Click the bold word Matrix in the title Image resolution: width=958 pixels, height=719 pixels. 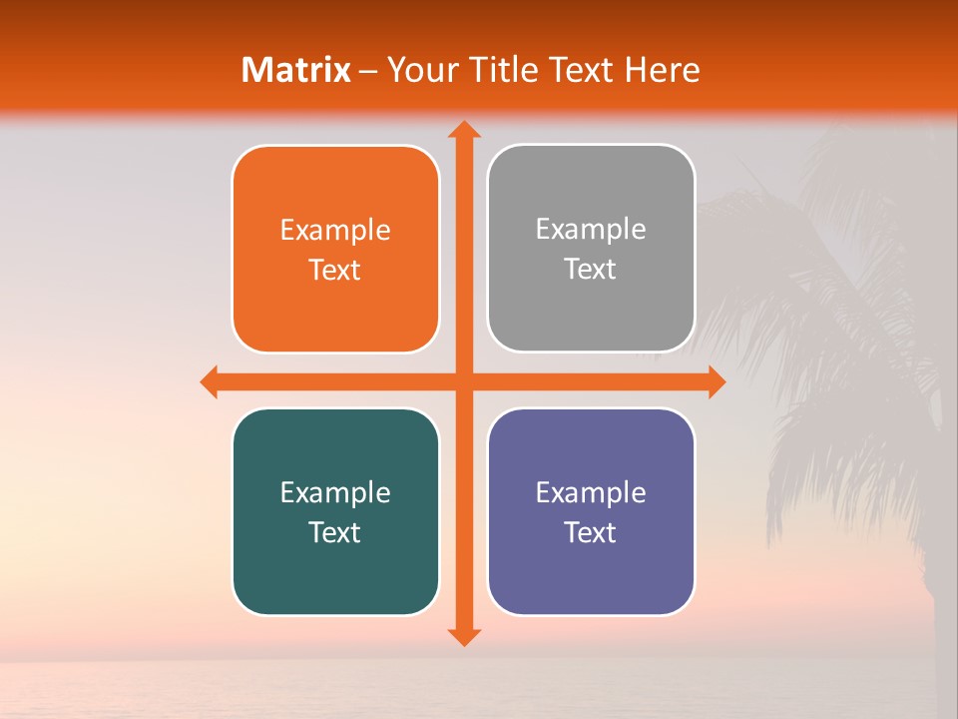tap(296, 70)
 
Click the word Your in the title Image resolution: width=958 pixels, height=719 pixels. tap(419, 70)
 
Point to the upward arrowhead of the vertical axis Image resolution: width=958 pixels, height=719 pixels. tap(463, 130)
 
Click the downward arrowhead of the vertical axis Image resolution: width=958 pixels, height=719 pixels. tap(463, 637)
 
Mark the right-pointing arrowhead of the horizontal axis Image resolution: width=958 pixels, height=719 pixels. tap(717, 381)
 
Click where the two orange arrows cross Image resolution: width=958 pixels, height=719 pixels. tap(463, 381)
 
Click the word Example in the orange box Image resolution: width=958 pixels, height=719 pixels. tap(335, 231)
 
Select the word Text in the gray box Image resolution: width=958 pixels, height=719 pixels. tap(591, 270)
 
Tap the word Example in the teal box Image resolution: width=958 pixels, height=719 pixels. tap(335, 493)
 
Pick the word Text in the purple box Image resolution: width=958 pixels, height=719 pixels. tap(591, 533)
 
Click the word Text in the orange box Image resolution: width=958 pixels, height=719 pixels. tap(335, 271)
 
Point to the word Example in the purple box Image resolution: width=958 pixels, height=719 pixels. tap(591, 493)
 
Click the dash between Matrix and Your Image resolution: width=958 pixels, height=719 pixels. tap(369, 71)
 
